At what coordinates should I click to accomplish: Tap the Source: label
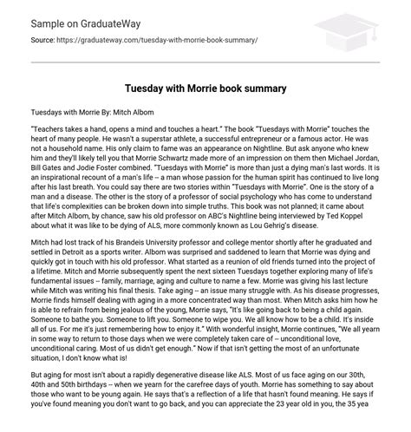click(46, 40)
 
